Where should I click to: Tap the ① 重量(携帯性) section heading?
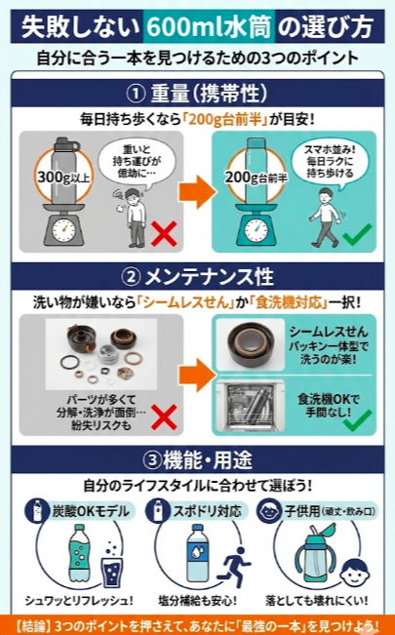tap(198, 95)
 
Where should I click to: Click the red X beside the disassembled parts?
tap(164, 417)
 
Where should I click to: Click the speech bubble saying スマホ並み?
tap(319, 158)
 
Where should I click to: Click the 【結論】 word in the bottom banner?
tap(36, 623)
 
